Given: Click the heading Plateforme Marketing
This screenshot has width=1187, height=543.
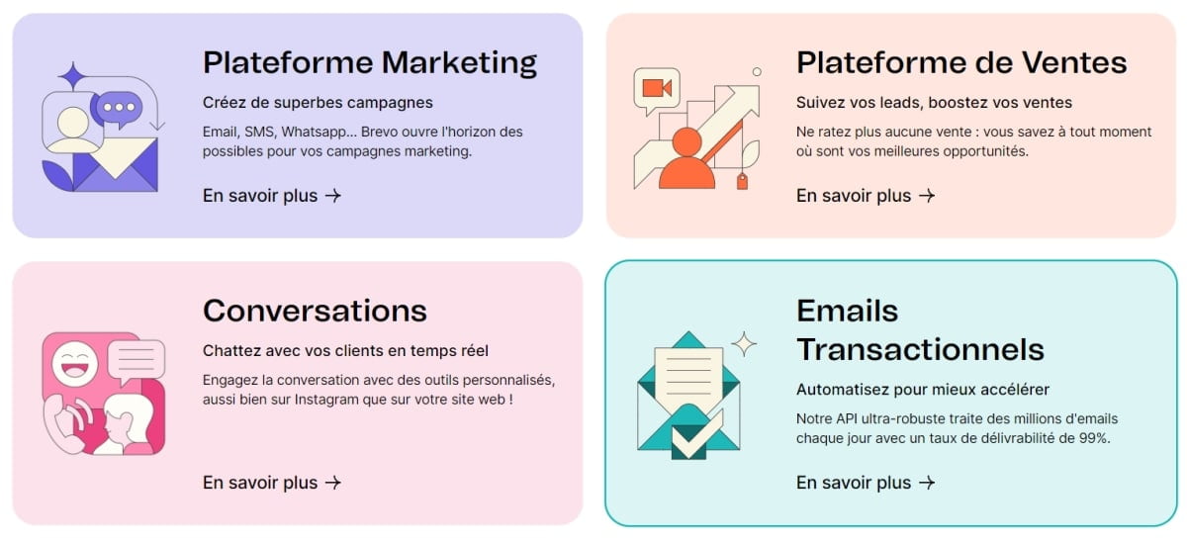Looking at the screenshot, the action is coord(370,63).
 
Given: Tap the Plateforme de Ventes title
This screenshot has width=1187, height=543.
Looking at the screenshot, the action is coord(961,62).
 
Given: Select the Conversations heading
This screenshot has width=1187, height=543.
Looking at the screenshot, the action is coord(315,311).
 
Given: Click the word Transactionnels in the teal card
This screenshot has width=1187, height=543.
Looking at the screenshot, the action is coord(920,350).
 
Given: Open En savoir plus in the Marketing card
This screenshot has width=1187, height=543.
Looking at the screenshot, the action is coord(271,196).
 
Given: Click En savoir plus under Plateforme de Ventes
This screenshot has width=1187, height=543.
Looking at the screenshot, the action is coord(865,196).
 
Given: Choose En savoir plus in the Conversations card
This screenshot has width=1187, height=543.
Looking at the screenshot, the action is coord(271,483).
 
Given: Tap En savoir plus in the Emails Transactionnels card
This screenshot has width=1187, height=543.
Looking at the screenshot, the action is coord(865,483).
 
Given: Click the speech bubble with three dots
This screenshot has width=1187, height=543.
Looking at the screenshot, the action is coord(118,109).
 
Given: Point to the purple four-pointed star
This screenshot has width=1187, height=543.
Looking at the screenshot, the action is coord(72,77).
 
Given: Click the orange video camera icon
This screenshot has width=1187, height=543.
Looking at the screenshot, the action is coord(657,88).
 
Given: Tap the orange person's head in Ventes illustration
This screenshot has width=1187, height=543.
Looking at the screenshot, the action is coord(686,142).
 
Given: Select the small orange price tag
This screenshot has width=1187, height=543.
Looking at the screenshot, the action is coord(743,181).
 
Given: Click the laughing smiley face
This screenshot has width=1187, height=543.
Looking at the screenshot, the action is coord(75,364).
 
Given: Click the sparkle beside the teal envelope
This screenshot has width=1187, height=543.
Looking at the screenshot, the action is coord(744,344).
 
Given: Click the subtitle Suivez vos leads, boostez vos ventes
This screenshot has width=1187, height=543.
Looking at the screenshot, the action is coord(934,102).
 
